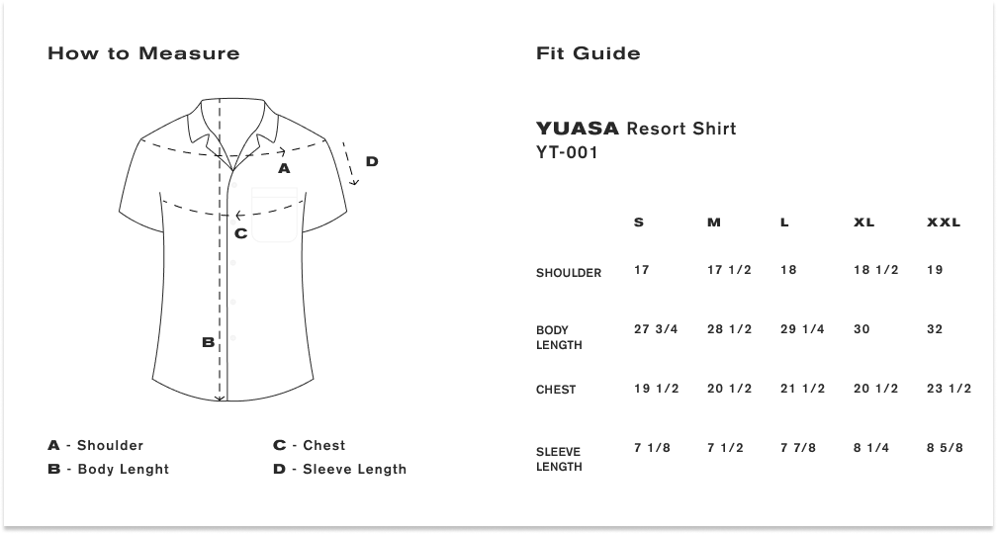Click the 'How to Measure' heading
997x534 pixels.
[143, 53]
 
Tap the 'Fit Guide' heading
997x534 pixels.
[589, 53]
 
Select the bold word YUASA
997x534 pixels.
[578, 129]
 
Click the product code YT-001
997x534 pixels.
[567, 152]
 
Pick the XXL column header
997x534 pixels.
[944, 222]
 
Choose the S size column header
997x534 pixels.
[639, 222]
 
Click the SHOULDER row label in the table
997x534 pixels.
[569, 273]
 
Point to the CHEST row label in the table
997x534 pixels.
[556, 390]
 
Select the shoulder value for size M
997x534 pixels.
[729, 270]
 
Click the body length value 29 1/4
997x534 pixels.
[802, 329]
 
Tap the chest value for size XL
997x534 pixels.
[875, 389]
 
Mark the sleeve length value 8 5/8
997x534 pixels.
[945, 448]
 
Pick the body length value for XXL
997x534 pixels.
[935, 329]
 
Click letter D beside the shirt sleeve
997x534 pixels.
[372, 161]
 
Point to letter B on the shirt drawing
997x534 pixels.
[208, 342]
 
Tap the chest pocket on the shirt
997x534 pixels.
[275, 215]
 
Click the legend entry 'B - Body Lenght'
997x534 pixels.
[108, 469]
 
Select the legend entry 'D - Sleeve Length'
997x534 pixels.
[339, 469]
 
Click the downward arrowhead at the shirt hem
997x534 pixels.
[220, 398]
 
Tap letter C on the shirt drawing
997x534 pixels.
[240, 233]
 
